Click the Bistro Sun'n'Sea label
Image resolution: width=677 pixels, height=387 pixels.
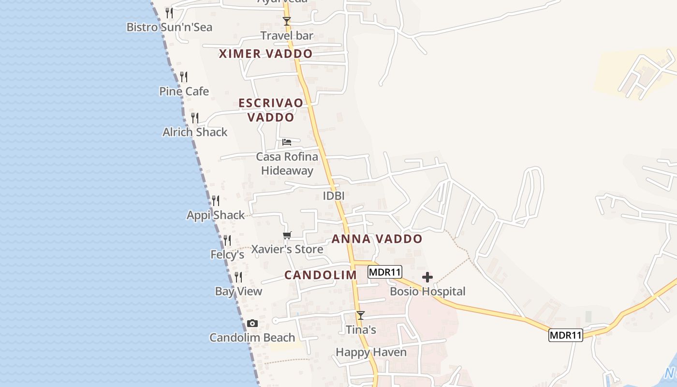pos(169,27)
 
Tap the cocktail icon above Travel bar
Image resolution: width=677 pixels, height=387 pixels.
pos(287,21)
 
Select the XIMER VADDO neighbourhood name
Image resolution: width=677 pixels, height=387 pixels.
pos(265,54)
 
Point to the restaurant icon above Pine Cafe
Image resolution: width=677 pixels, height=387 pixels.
pos(184,77)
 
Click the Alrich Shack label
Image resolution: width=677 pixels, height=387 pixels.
pos(195,132)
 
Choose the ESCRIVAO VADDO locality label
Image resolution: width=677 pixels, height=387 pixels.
pos(271,110)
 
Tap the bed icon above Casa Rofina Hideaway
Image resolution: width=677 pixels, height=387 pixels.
pos(287,142)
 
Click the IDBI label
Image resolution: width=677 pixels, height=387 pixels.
pos(334,196)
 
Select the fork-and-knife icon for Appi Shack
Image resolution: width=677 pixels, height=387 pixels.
pos(216,200)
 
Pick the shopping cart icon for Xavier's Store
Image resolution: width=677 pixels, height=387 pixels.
pos(287,236)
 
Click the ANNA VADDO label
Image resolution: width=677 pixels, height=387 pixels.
pos(377,239)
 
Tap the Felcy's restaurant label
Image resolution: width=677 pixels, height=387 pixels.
pos(227,254)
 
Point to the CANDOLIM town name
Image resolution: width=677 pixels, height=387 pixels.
pos(320,275)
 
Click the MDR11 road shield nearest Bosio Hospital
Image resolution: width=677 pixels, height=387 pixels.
pos(385,272)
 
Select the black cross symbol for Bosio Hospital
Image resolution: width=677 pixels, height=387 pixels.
pos(427,277)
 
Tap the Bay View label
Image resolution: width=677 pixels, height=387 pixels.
pos(238,291)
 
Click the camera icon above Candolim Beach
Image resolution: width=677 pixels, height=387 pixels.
pos(252,324)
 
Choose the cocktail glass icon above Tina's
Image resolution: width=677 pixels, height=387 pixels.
pos(361,315)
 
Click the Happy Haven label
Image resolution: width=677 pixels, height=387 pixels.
pos(371,352)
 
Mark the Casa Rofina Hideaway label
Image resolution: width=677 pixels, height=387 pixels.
pos(287,164)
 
